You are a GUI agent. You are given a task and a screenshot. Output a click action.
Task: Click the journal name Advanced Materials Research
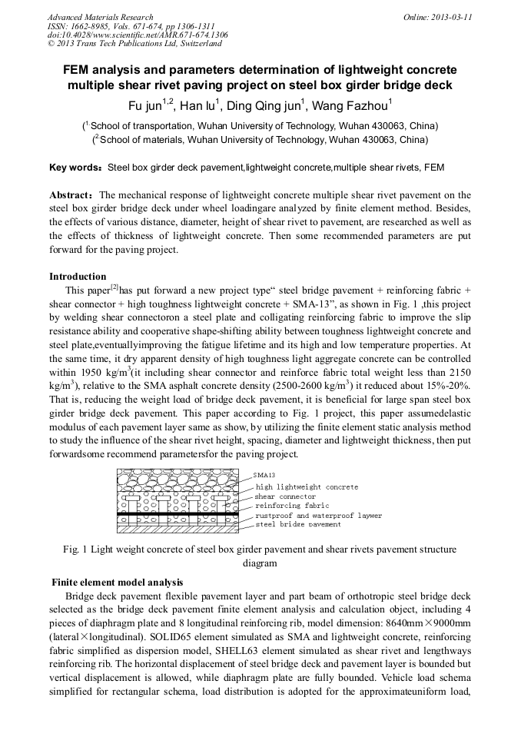pos(100,17)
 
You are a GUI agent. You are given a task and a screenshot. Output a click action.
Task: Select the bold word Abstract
pos(71,195)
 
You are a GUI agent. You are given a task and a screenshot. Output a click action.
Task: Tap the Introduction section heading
pos(78,277)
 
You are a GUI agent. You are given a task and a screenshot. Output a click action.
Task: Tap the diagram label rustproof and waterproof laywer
pos(318,516)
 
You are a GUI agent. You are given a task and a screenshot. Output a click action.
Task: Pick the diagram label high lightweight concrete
pos(307,486)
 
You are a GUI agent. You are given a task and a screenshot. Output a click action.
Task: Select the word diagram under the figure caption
pos(260,562)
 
